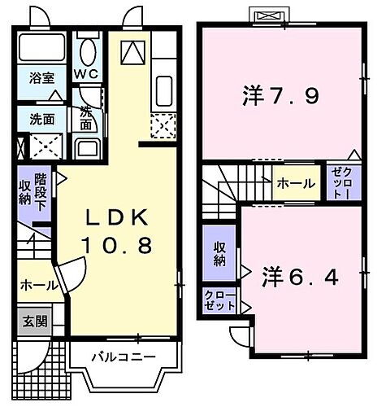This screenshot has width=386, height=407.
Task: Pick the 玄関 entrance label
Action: click(x=33, y=320)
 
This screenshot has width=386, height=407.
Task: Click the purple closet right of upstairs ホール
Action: click(x=339, y=183)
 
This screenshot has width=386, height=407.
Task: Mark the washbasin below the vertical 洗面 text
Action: click(x=86, y=148)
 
